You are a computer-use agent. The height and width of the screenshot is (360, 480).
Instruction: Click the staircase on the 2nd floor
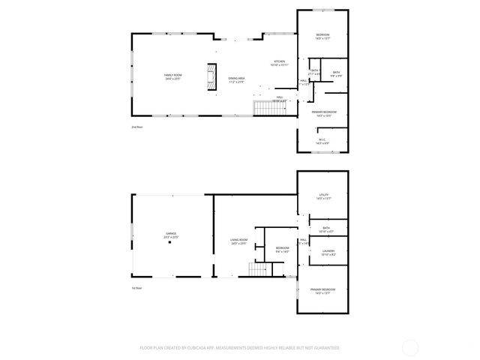pyautogui.click(x=268, y=109)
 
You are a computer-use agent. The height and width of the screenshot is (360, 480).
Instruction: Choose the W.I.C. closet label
pyautogui.click(x=322, y=140)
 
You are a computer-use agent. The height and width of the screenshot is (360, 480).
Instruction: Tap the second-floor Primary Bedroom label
pyautogui.click(x=323, y=114)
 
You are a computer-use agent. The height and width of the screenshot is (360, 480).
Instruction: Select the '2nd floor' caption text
pyautogui.click(x=136, y=128)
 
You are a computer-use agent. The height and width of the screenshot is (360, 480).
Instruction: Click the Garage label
pyautogui.click(x=171, y=235)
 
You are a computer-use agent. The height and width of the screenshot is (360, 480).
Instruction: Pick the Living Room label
pyautogui.click(x=238, y=241)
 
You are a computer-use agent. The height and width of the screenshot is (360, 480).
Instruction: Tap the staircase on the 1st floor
pyautogui.click(x=259, y=271)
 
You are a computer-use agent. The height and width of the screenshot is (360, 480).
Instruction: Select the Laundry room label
pyautogui.click(x=328, y=253)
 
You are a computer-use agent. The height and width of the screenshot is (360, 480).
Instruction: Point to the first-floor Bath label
pyautogui.click(x=326, y=229)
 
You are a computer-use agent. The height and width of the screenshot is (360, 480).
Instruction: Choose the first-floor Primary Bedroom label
pyautogui.click(x=323, y=291)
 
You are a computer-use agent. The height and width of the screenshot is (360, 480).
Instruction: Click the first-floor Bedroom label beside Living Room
pyautogui.click(x=282, y=250)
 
